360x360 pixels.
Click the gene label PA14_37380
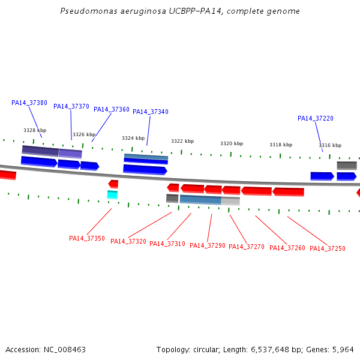click(29, 103)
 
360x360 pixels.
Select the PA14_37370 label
click(71, 106)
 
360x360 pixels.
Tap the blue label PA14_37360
click(112, 109)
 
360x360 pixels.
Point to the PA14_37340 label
click(151, 112)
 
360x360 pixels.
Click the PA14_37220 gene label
click(316, 118)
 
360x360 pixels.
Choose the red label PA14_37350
click(87, 238)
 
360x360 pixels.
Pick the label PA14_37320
click(128, 241)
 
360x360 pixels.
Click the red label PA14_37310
click(167, 244)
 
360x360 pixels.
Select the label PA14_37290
click(208, 245)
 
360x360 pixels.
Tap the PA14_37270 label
click(247, 247)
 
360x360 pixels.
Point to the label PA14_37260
click(287, 248)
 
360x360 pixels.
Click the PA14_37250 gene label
click(328, 248)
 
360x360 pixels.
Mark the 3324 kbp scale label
click(133, 138)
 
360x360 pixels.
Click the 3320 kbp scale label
click(232, 143)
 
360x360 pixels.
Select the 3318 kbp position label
click(281, 145)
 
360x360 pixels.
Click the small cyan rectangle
click(112, 194)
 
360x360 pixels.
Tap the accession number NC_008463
click(65, 350)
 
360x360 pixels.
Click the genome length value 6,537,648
click(270, 350)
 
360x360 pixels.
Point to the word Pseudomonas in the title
click(89, 11)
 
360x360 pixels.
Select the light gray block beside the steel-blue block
click(230, 201)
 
